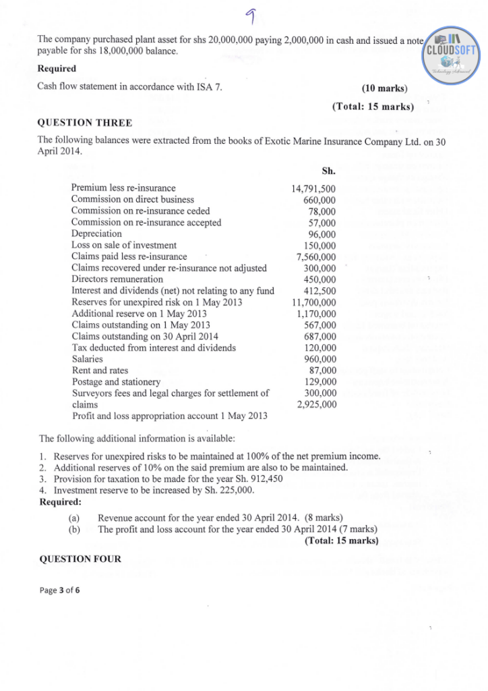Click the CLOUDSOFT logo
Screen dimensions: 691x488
(x=450, y=52)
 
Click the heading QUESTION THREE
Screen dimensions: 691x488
(x=85, y=122)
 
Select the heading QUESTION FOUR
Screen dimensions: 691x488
(x=81, y=559)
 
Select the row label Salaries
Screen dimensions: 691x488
(x=88, y=360)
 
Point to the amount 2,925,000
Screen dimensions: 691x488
(x=316, y=405)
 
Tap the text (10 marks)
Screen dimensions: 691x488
(x=386, y=88)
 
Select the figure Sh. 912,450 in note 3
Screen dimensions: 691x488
(x=256, y=479)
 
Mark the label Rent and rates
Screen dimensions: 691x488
(x=100, y=371)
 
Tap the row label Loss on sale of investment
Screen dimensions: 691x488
(x=124, y=245)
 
